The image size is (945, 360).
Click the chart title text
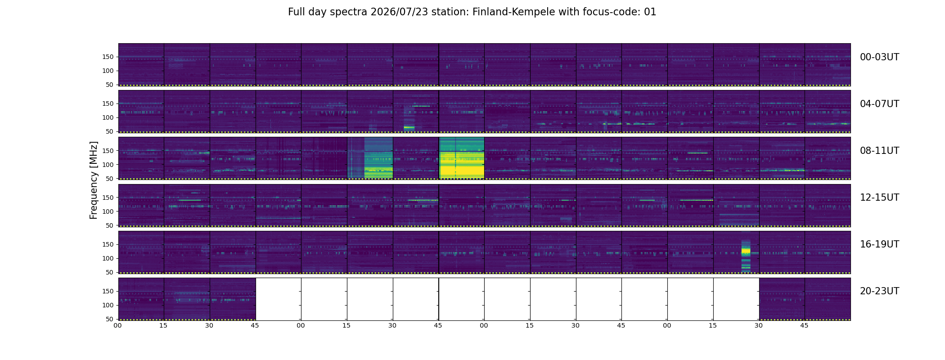coord(472,12)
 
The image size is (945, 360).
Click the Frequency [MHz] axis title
coord(94,180)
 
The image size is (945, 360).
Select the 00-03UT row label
coord(879,57)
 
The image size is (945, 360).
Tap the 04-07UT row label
coord(879,104)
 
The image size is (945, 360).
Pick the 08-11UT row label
coord(879,151)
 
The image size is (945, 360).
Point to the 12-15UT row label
coord(879,198)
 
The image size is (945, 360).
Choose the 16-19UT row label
coord(879,244)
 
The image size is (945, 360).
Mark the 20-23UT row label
coord(879,291)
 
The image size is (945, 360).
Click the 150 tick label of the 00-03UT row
coord(108,57)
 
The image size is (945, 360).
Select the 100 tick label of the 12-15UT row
coord(108,211)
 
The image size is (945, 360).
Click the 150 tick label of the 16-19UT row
coord(108,244)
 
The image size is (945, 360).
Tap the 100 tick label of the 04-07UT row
coord(108,118)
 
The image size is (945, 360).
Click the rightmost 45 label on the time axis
coord(804,326)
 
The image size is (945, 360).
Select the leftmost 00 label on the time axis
coord(117,326)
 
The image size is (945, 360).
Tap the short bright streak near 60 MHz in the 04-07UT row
coord(409,127)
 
